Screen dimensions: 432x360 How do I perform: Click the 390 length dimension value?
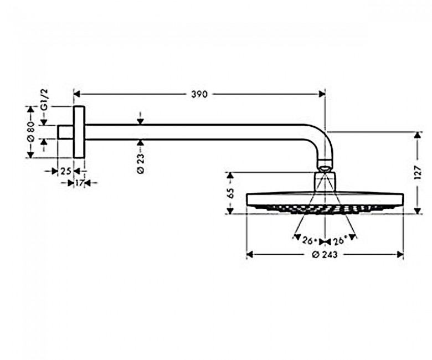[199, 95]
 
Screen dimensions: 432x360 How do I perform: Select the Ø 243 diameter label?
[325, 255]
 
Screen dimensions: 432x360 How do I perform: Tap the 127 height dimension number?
[418, 173]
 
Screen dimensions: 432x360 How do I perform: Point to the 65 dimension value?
[230, 193]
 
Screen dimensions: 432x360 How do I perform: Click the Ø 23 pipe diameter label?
[140, 163]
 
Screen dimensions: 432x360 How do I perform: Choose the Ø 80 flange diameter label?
[30, 132]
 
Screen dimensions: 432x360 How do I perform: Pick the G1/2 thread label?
[44, 100]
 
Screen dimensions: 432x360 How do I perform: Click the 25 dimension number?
[66, 171]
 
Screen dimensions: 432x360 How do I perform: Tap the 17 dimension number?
[79, 183]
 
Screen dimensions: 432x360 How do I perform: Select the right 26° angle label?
[339, 241]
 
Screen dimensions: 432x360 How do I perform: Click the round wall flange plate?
[79, 132]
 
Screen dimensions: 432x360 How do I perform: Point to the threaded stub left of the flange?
[65, 132]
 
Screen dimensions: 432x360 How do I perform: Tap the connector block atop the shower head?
[325, 182]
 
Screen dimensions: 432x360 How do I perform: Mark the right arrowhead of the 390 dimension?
[322, 95]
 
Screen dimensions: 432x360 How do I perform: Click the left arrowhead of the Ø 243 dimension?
[250, 255]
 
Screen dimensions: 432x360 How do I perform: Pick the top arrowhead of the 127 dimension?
[418, 135]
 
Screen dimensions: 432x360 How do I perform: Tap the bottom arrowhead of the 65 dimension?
[230, 210]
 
